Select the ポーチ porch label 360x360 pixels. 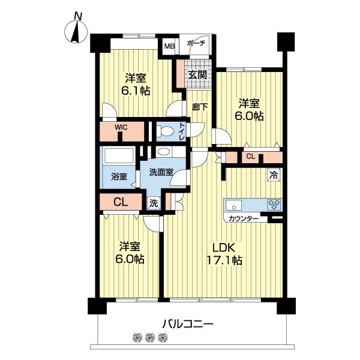[x=196, y=44]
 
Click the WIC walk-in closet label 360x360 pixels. [x=122, y=127]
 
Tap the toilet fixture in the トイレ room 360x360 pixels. [x=166, y=131]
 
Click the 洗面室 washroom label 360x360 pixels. [x=161, y=172]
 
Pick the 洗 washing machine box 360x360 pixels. [x=154, y=203]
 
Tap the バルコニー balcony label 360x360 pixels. [x=187, y=324]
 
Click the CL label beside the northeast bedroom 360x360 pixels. [x=251, y=157]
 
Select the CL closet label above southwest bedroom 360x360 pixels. [x=121, y=202]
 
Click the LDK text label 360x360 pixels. [x=225, y=247]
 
